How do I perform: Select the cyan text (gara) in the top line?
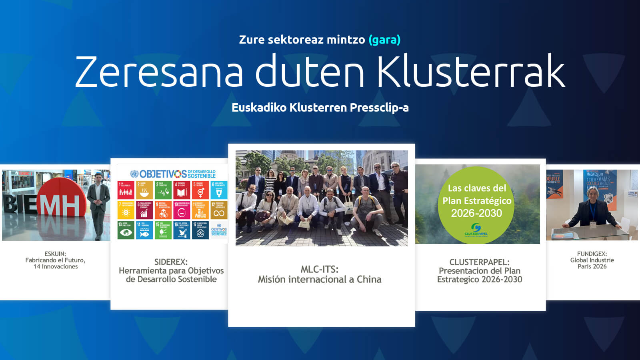384,40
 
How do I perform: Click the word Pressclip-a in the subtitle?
379,108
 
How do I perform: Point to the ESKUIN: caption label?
55,254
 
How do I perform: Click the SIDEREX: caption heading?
171,262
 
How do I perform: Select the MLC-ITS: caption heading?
319,269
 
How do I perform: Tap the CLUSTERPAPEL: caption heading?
479,262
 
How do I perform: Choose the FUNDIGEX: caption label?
592,254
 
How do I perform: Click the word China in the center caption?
369,279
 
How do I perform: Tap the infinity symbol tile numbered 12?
219,210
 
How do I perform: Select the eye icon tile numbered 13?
126,230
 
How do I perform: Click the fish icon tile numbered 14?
144,230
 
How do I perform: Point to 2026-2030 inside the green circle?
476,213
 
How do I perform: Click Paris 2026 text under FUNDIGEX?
592,266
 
